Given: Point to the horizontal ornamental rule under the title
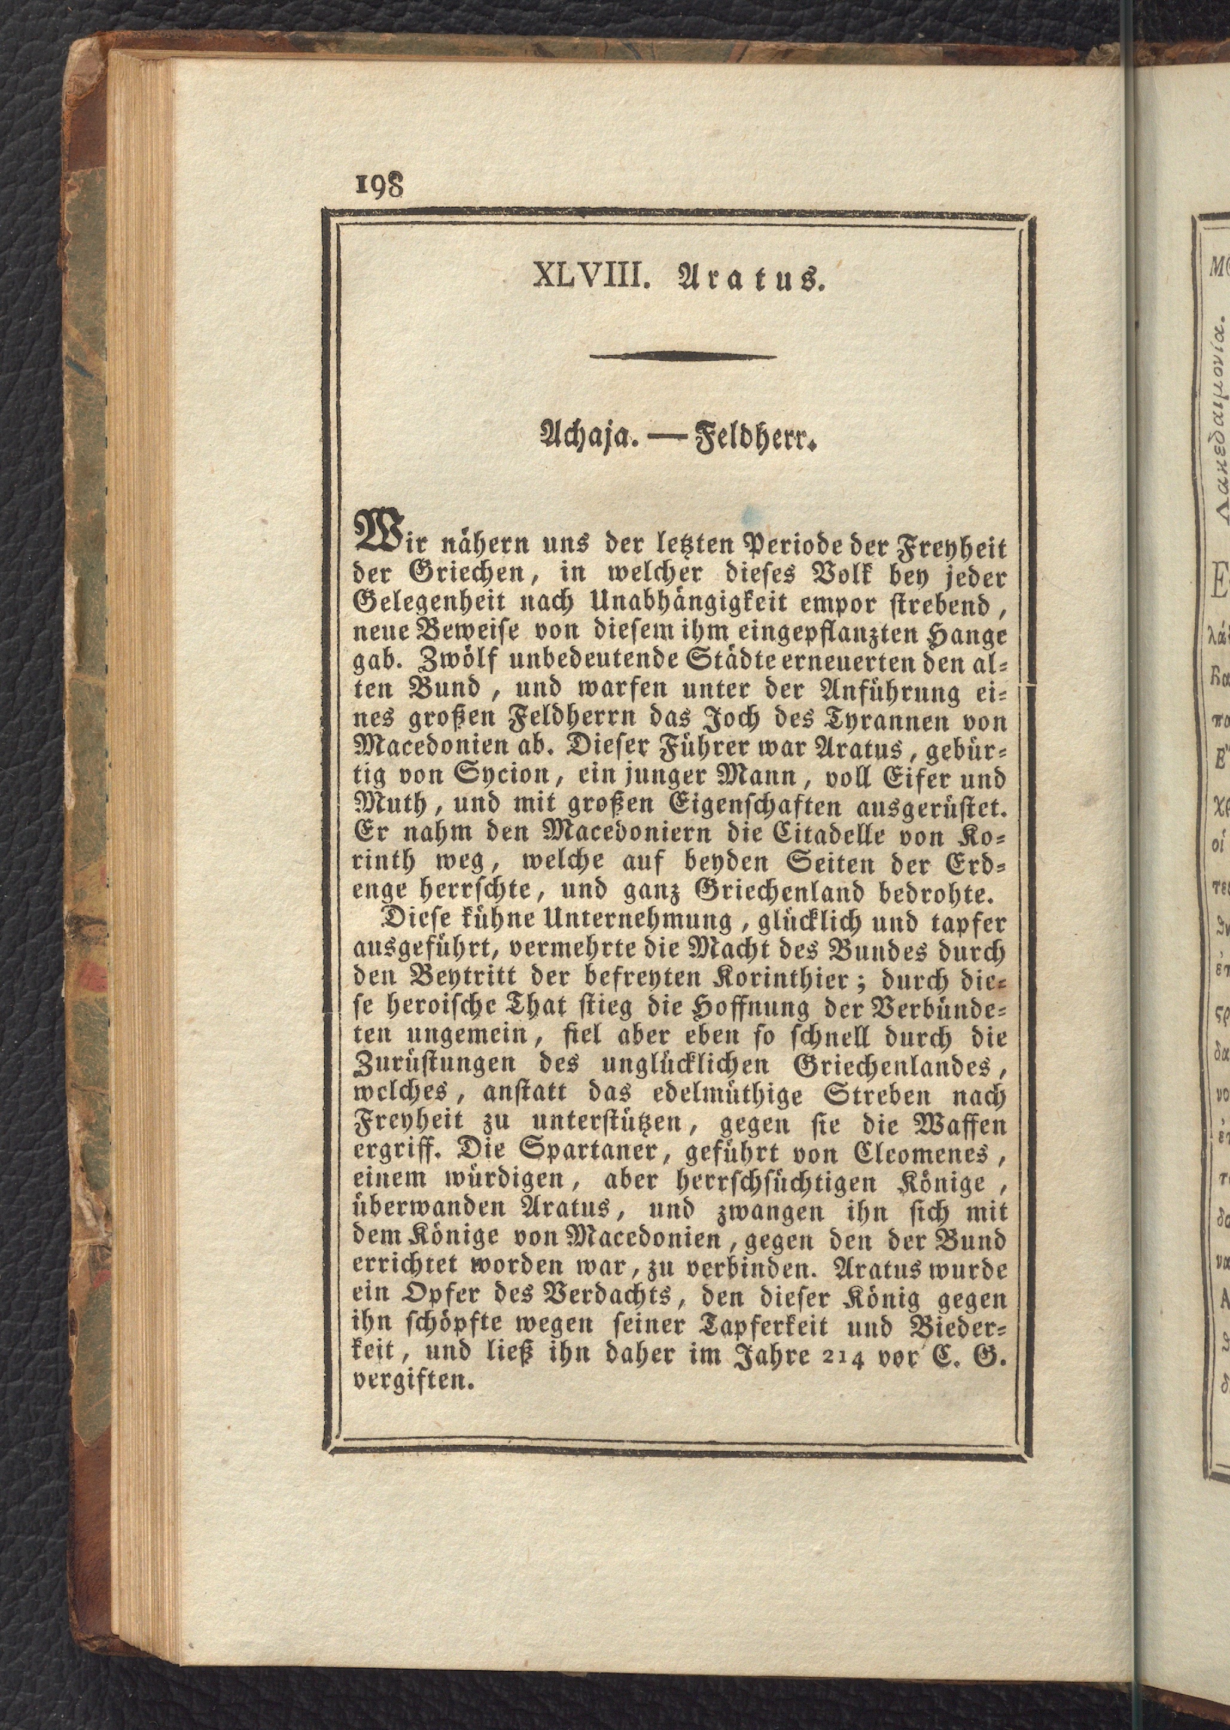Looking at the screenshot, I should coord(683,357).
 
